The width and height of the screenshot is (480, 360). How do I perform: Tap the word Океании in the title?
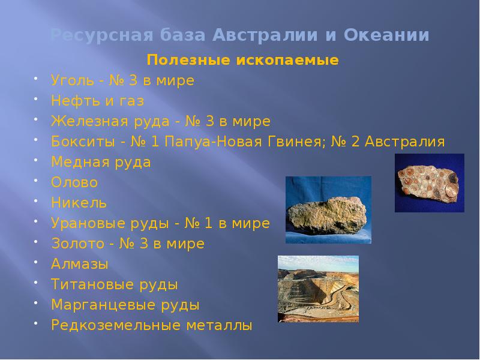(387, 35)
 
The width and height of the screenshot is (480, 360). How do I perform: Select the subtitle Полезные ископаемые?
(243, 61)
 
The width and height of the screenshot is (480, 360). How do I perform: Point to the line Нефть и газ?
(98, 101)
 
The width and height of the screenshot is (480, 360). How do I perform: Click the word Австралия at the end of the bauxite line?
(406, 142)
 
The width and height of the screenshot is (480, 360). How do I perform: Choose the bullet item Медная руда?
(101, 162)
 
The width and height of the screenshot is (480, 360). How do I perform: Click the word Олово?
(74, 182)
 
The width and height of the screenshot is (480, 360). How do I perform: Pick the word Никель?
(79, 203)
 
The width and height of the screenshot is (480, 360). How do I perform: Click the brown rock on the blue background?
(328, 210)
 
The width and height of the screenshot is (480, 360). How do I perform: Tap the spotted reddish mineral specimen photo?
(429, 182)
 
